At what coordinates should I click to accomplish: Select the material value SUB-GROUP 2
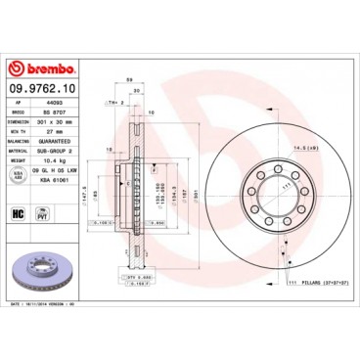[x=62, y=150]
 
